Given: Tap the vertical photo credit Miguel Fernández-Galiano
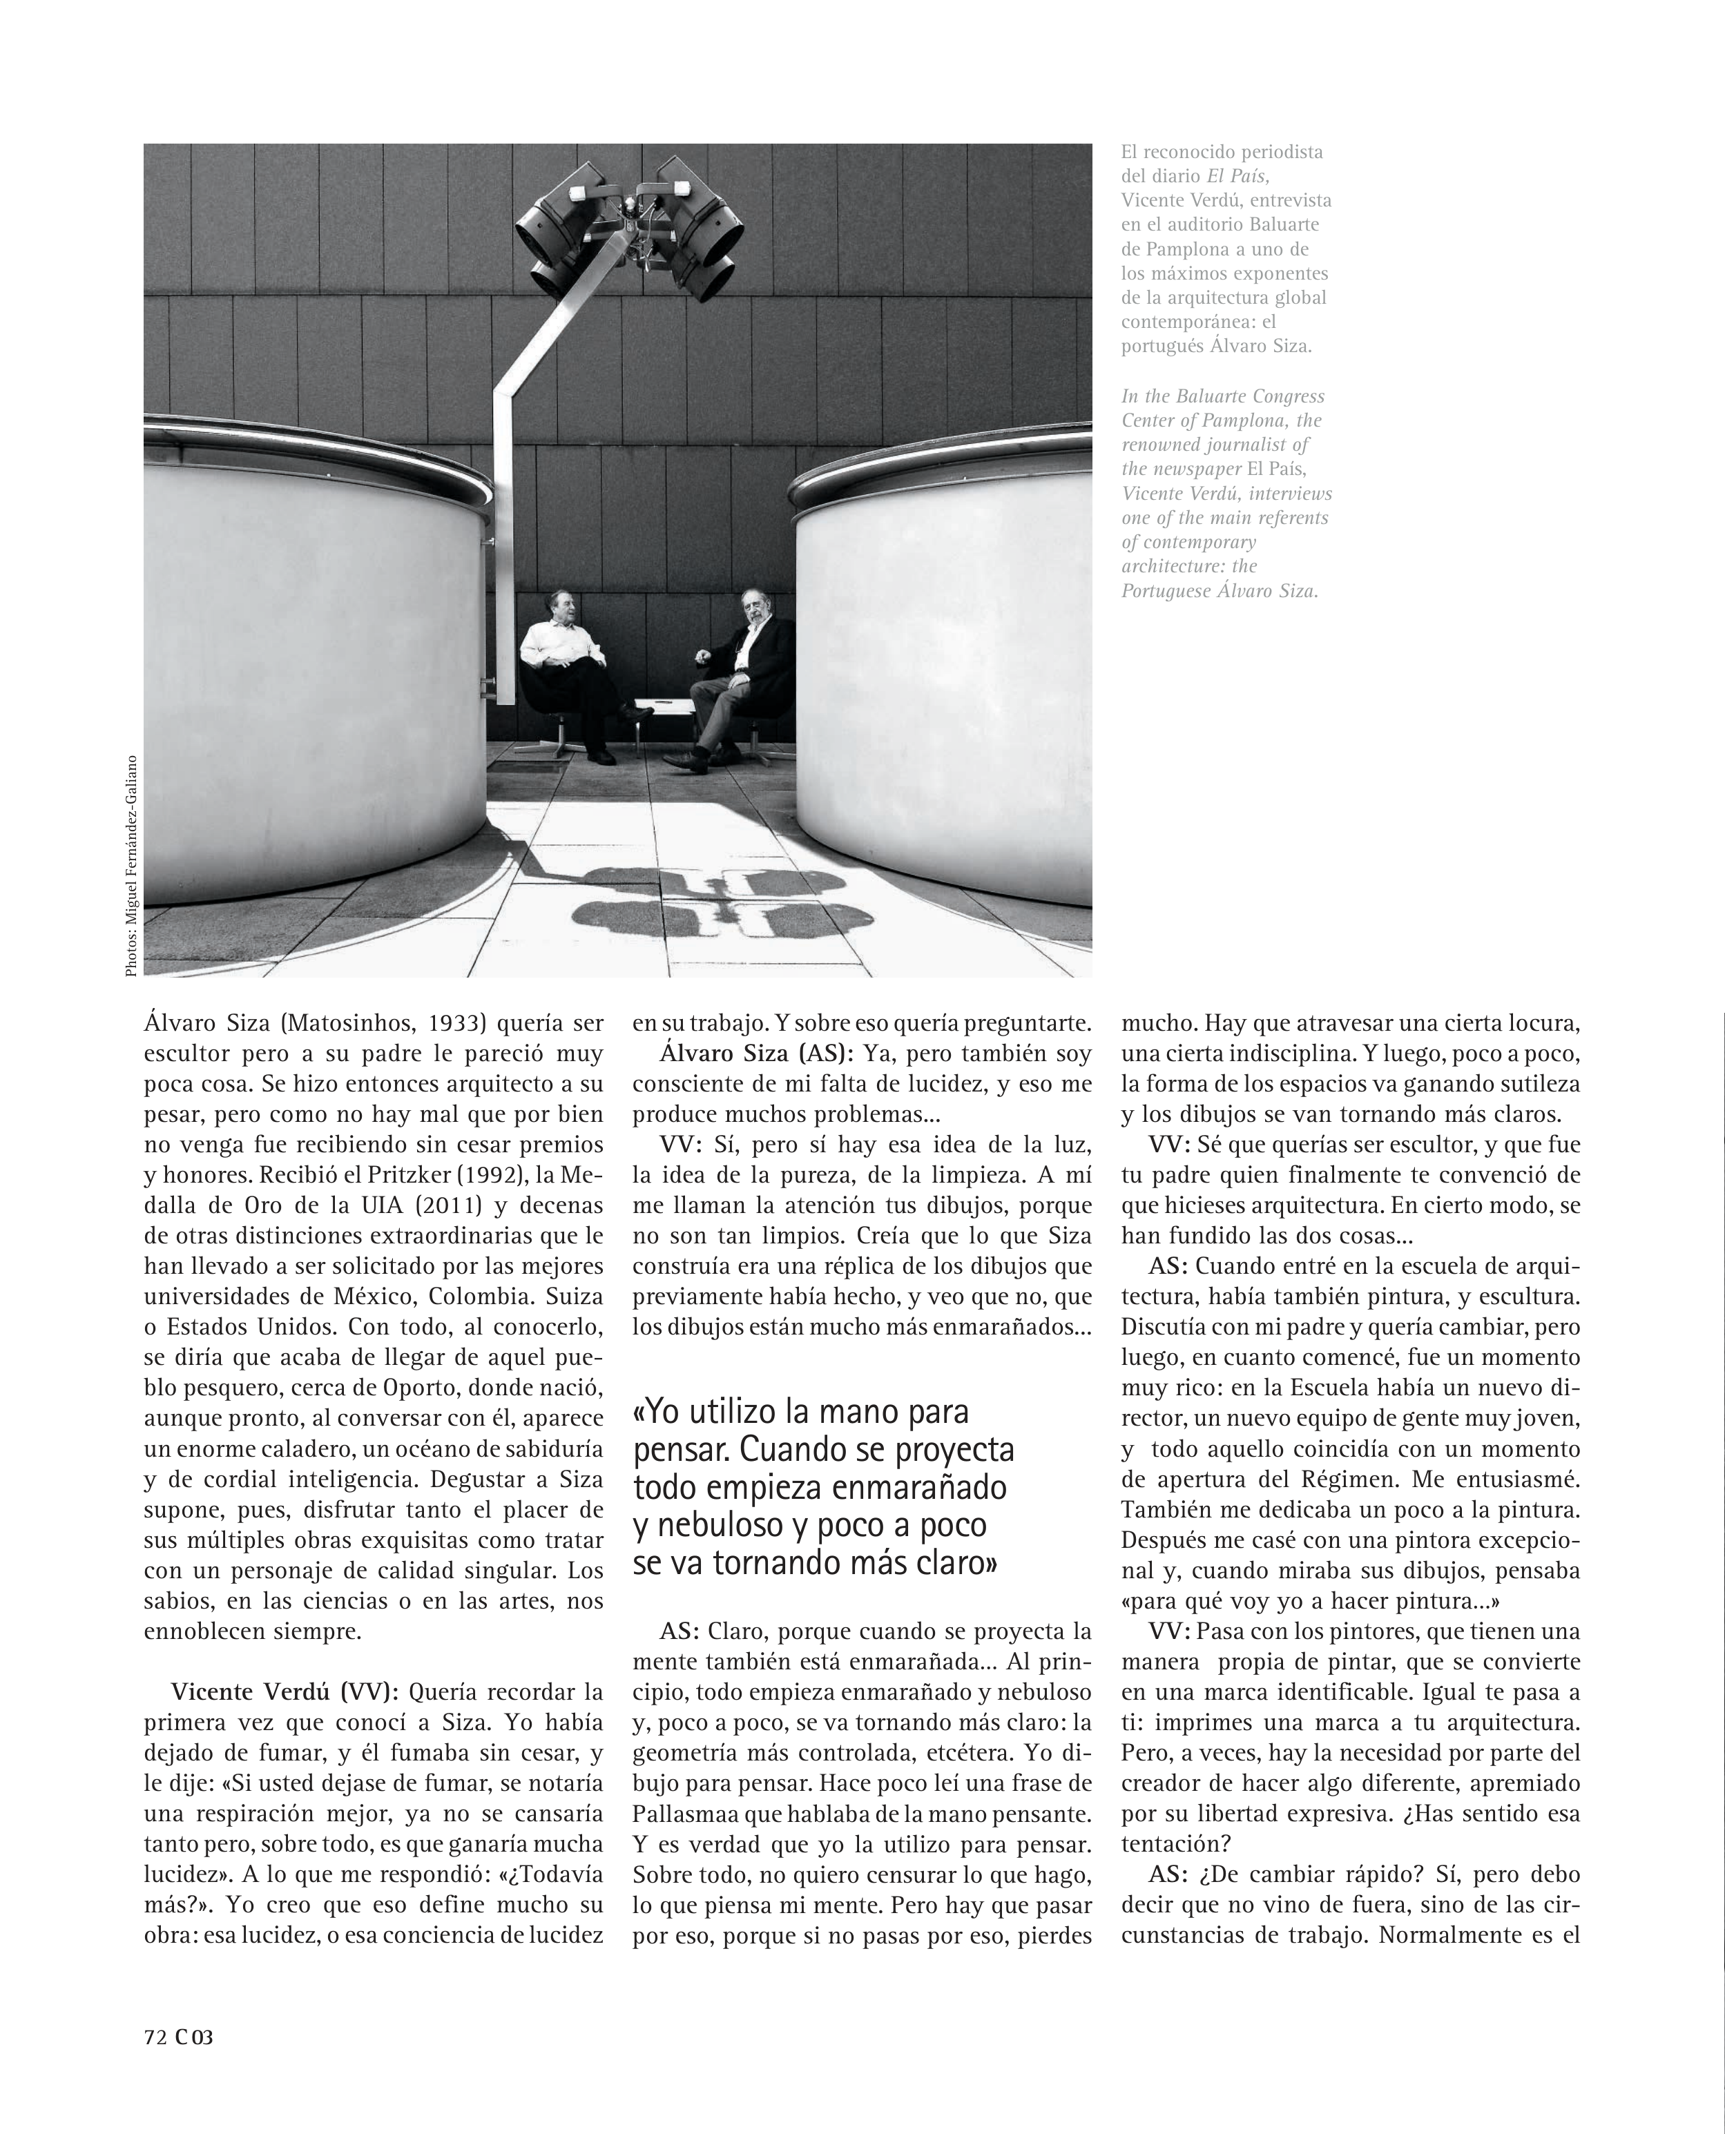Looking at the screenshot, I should [x=131, y=865].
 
